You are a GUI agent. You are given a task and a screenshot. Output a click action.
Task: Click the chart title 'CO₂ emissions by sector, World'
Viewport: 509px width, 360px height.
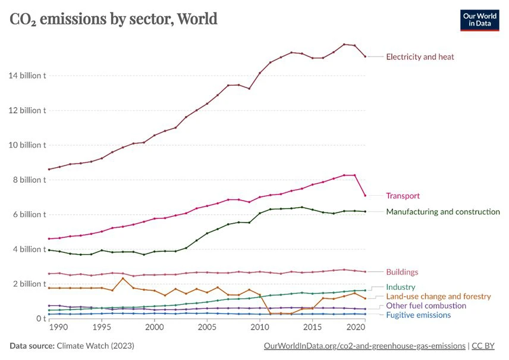114,19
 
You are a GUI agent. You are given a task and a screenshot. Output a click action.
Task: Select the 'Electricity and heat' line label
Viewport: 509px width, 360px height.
420,57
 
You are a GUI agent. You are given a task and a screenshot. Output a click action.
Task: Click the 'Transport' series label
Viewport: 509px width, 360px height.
403,196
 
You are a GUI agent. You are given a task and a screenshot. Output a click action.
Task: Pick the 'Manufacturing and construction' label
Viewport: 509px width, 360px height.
443,212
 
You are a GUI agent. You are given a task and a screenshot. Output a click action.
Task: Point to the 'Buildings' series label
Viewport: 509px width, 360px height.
402,272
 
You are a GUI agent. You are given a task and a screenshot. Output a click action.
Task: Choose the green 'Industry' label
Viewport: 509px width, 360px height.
400,287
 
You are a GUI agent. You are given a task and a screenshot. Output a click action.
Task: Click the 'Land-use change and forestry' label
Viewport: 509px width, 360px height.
438,296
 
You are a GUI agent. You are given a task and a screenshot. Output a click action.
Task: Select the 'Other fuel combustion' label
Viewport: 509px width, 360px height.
426,306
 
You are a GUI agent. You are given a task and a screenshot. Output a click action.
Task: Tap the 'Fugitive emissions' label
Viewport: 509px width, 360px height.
418,315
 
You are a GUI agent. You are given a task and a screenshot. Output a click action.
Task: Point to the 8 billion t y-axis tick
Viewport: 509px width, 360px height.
29,180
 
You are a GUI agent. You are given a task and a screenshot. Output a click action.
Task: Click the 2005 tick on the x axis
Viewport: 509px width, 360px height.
207,327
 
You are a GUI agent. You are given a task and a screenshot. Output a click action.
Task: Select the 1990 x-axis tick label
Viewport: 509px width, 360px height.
49,327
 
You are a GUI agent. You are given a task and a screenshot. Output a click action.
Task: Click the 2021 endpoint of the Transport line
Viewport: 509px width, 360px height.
365,195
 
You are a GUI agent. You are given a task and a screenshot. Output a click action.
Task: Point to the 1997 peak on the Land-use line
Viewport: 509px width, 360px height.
123,278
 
